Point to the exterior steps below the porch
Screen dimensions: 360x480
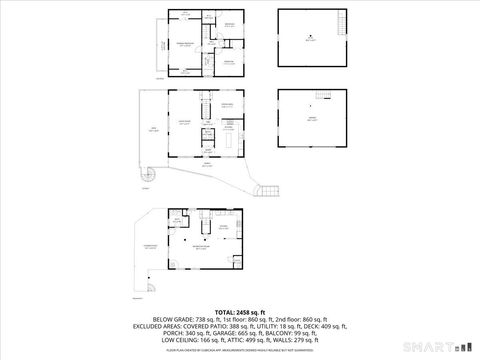[x=266, y=190]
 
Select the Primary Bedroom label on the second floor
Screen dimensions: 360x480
[x=184, y=44]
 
